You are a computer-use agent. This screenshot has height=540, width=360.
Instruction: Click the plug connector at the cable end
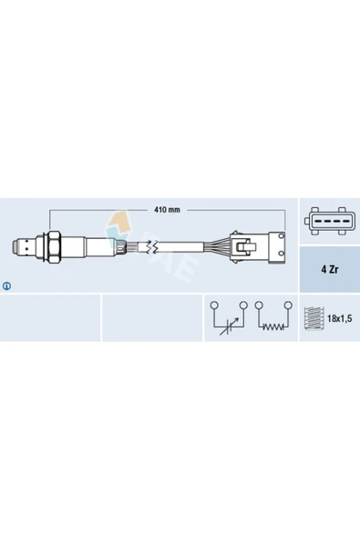tap(259, 246)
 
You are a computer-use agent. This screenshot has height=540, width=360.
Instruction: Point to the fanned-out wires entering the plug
tap(219, 246)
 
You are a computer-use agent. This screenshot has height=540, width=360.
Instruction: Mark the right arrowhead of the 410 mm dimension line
tap(286, 210)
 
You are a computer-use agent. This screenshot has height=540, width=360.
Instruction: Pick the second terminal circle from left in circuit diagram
tap(244, 305)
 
